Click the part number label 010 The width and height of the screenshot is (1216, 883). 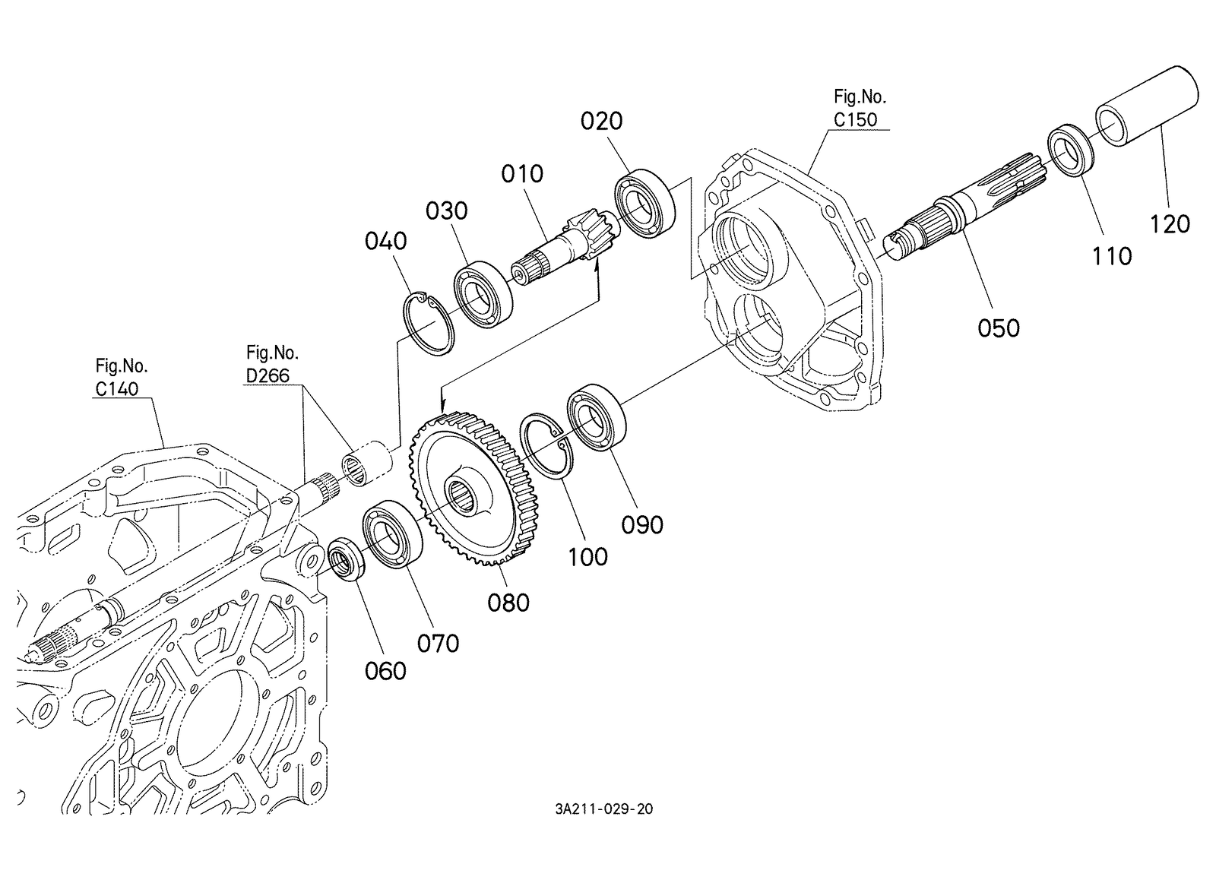click(x=522, y=174)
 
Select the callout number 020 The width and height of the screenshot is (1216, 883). click(x=601, y=121)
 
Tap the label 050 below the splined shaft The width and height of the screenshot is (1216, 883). click(x=999, y=328)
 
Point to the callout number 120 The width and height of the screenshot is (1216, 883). click(x=1170, y=224)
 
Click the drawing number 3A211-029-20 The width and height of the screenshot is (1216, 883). click(x=603, y=809)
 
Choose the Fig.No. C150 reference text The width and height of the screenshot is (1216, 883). click(x=859, y=108)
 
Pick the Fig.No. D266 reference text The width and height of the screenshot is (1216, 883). click(x=271, y=364)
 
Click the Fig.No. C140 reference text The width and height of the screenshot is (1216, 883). click(x=120, y=377)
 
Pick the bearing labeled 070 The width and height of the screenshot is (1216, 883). click(x=392, y=535)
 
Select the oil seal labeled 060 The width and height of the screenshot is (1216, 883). click(x=346, y=560)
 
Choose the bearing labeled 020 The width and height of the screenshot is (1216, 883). click(x=645, y=203)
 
